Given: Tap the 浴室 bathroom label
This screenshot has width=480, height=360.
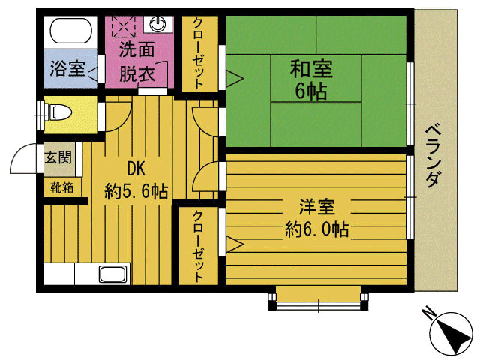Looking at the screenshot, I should (x=67, y=69).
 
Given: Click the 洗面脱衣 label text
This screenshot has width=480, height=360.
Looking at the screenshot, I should (x=137, y=63).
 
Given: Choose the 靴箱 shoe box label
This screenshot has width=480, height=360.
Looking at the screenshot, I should (x=61, y=187).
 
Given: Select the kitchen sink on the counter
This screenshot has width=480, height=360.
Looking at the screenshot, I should (x=112, y=274).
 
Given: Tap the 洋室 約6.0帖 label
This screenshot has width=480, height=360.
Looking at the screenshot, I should (x=316, y=217).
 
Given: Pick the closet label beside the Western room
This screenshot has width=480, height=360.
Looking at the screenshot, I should (x=199, y=246).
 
